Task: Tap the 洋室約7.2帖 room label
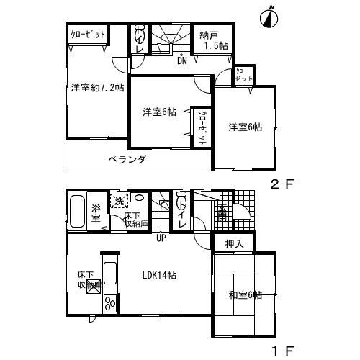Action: point(97,88)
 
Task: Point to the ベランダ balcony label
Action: point(127,159)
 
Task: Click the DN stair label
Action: point(183,60)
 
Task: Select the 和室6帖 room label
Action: point(245,296)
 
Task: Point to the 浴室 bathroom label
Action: point(96,214)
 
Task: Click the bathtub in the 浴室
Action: point(78,211)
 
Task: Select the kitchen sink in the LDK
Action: point(111,274)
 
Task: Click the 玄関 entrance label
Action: point(222,213)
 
